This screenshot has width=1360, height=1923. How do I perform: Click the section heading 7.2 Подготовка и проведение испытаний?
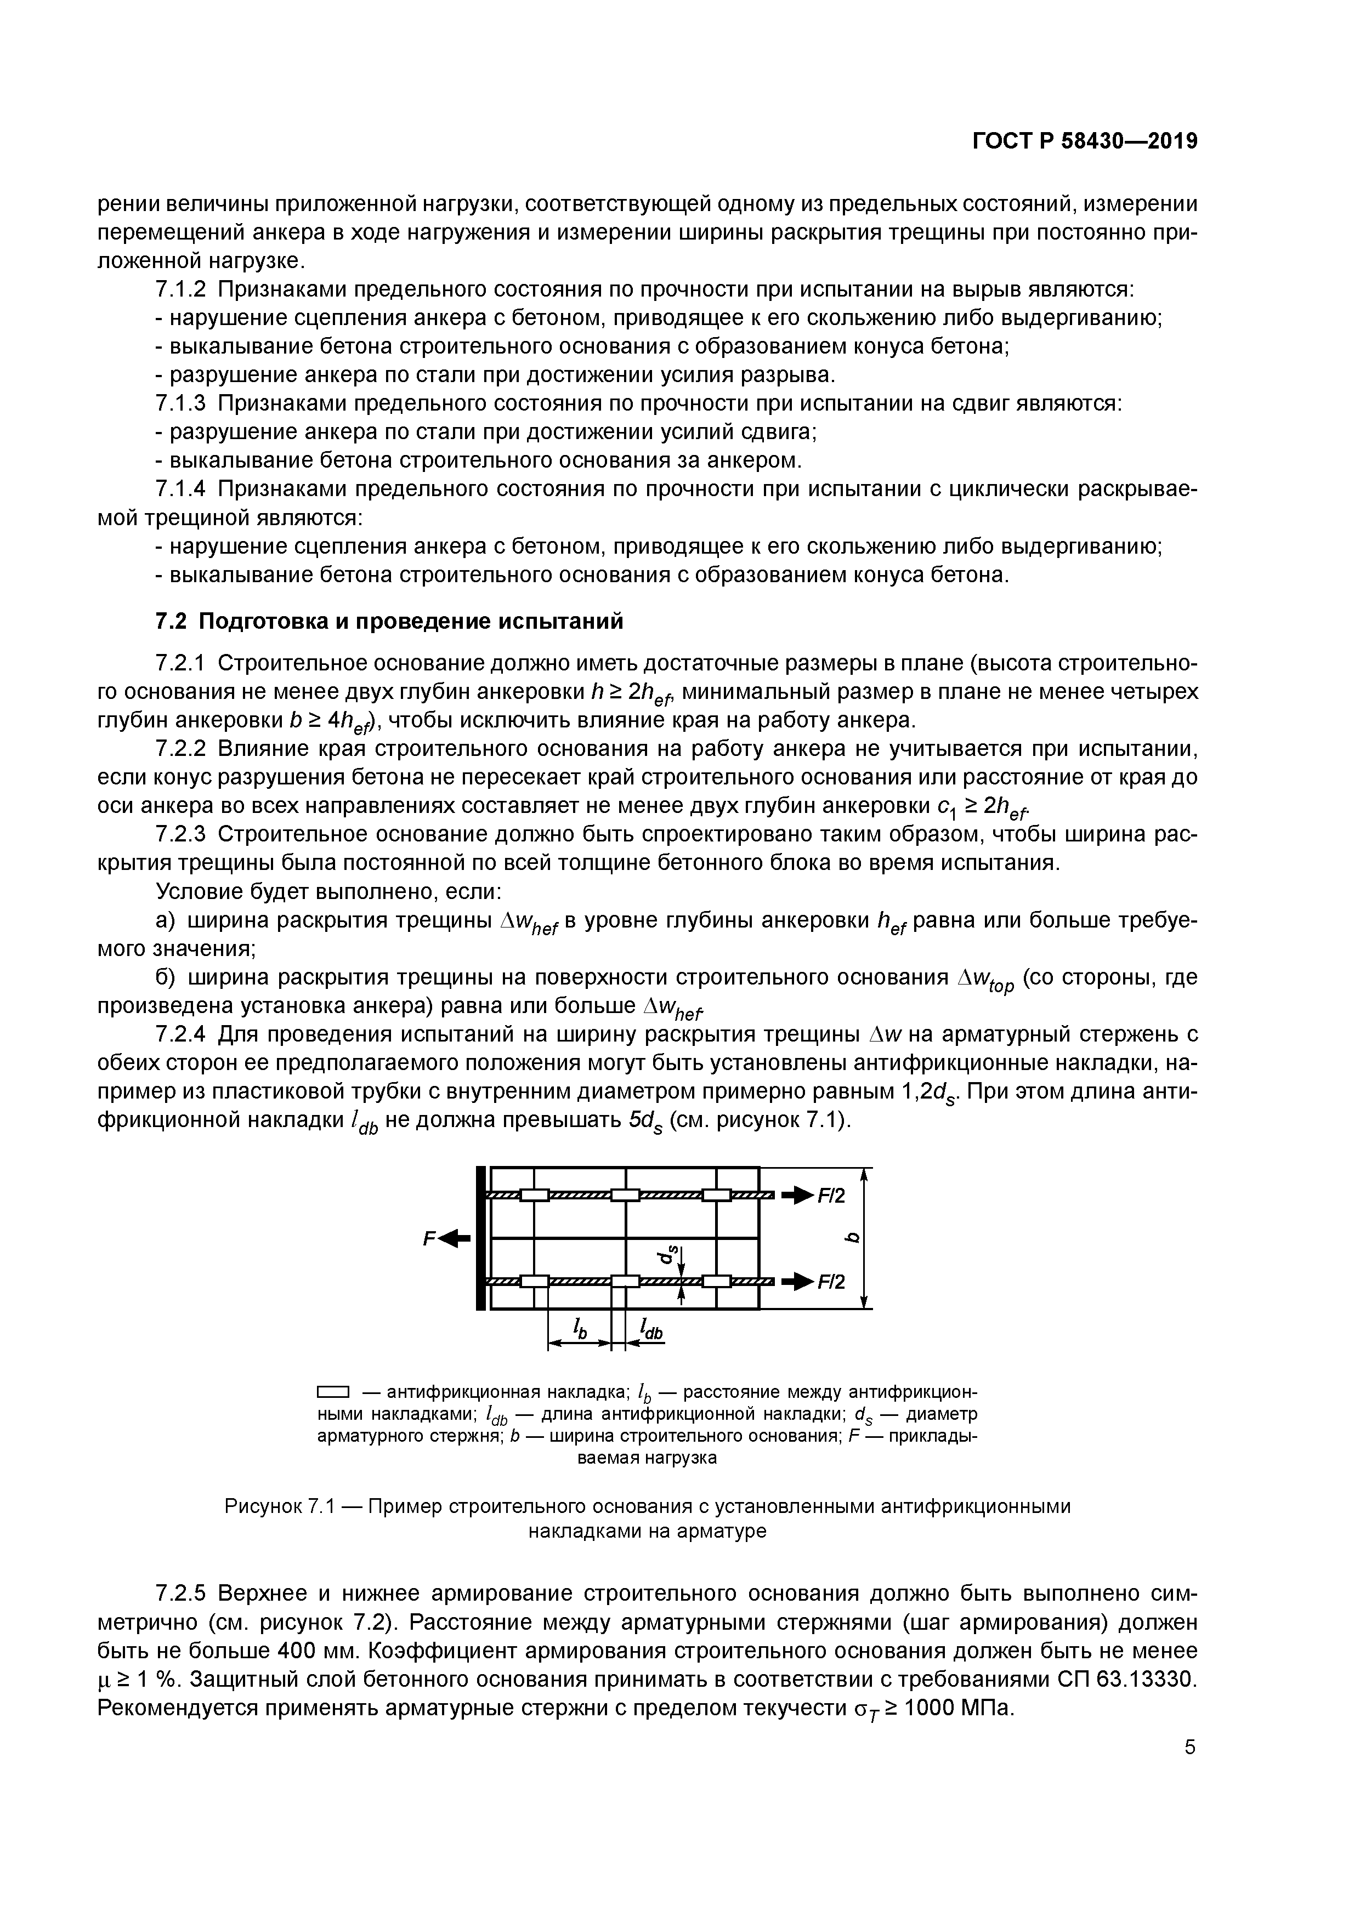pos(390,622)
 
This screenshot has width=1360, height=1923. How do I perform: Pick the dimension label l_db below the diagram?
pos(651,1327)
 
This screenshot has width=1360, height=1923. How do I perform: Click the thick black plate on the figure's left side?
pos(480,1238)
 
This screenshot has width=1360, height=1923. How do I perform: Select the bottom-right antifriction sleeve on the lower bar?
pos(716,1281)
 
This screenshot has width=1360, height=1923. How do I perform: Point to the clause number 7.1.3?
pos(181,403)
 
